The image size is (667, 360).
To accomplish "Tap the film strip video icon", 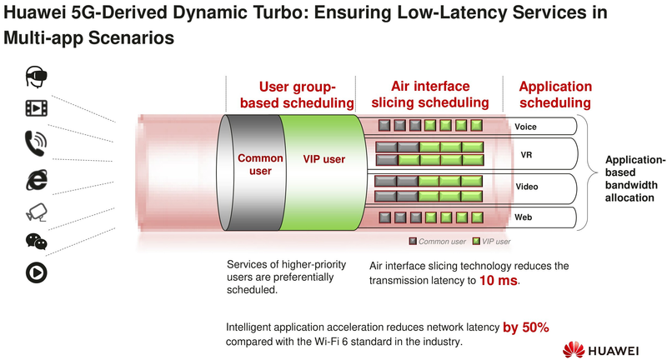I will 35,107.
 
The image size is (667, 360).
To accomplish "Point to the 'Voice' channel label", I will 525,127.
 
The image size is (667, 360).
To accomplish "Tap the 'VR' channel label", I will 526,155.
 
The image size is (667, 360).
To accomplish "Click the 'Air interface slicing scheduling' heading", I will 429,94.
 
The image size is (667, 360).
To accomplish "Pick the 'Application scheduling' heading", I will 555,94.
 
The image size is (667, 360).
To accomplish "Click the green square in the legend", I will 477,241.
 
